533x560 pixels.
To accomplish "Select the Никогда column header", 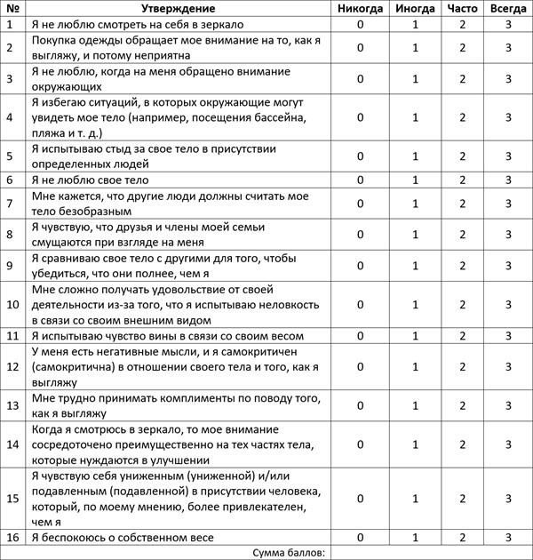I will point(360,8).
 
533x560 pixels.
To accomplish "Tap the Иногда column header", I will point(415,8).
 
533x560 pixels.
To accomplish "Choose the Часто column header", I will point(462,8).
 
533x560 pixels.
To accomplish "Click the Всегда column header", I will point(507,8).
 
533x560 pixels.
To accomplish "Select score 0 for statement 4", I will point(360,117).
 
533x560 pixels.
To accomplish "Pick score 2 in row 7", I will point(462,203).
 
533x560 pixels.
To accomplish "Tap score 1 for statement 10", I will point(415,305).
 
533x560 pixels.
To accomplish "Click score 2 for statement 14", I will point(462,444).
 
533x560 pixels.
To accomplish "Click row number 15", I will point(12,499).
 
